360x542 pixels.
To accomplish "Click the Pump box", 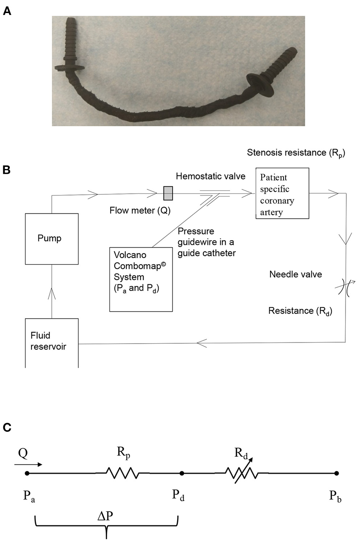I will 52,239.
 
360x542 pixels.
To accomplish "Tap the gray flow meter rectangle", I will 168,193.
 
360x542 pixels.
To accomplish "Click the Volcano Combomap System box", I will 141,279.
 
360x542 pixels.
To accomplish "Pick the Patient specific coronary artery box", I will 282,193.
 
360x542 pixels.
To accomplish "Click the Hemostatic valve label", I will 210,176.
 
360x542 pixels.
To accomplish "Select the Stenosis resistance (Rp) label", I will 296,153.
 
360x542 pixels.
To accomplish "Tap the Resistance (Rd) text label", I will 300,311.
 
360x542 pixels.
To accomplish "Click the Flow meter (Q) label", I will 140,210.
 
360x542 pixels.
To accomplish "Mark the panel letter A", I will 7,11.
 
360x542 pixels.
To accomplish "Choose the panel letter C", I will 7,427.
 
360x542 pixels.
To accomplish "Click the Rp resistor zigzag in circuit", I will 122,473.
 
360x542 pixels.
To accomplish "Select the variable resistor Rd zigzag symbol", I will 242,473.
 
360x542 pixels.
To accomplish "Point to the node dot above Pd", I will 182,473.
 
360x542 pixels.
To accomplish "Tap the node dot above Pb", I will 337,473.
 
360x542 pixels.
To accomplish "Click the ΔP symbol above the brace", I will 106,516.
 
